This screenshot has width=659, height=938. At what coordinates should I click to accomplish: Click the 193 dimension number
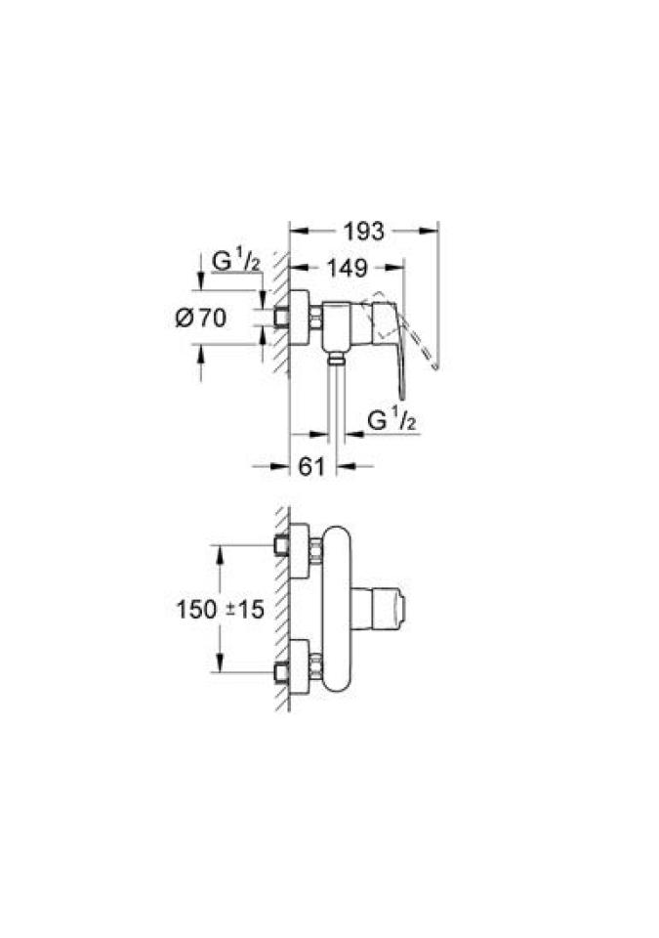point(363,231)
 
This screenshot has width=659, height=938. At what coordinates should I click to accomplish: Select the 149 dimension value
point(347,268)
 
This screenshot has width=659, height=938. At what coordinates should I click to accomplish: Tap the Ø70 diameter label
point(201,317)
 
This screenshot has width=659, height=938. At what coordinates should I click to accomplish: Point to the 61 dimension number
point(311,466)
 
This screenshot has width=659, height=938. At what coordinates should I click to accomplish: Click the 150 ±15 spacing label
point(220,609)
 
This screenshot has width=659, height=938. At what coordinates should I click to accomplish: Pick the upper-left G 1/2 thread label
point(236,262)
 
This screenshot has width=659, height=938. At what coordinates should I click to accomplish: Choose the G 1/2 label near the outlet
point(391,420)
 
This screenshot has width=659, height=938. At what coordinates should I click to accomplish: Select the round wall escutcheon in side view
point(299,317)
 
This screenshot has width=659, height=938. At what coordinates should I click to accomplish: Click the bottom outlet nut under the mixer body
point(337,358)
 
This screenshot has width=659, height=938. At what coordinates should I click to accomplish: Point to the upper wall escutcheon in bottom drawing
point(299,550)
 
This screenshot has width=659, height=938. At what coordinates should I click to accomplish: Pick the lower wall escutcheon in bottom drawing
point(299,667)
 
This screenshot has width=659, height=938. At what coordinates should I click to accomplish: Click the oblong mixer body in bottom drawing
point(337,609)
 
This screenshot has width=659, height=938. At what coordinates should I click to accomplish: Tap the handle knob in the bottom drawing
point(379,610)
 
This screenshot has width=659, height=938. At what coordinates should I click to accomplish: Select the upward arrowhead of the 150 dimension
point(220,554)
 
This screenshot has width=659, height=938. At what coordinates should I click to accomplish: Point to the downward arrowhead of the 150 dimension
point(220,663)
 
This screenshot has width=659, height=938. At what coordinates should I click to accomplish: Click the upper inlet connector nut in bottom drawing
point(315,550)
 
